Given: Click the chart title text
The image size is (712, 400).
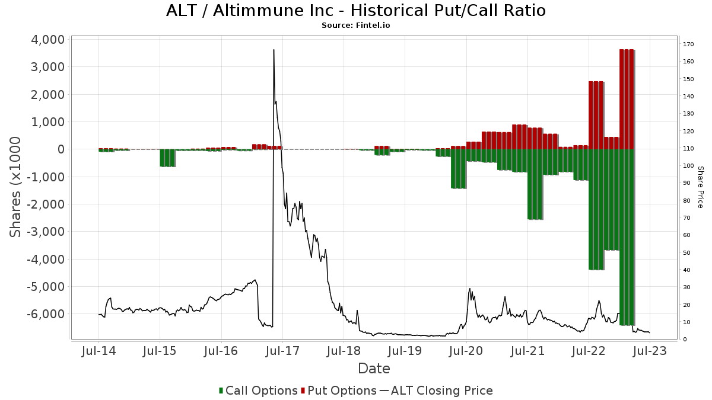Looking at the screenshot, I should click(356, 11).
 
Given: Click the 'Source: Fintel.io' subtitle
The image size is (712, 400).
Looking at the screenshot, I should click(356, 25).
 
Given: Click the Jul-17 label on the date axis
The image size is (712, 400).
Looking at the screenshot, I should click(282, 351).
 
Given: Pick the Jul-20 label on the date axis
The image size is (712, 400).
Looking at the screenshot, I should click(466, 351).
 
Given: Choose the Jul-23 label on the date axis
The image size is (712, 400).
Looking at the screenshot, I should click(650, 351).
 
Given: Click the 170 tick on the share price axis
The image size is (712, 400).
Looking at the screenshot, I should click(688, 44).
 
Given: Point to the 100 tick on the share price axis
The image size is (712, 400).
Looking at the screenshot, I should click(688, 166).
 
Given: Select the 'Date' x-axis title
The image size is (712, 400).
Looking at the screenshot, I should click(374, 369).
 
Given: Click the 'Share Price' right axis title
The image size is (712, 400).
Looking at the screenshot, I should click(700, 187).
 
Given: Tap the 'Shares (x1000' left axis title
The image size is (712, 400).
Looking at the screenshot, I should click(16, 187).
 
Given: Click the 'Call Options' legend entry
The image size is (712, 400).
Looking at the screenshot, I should click(258, 391).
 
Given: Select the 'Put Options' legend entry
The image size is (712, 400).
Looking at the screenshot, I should click(339, 391).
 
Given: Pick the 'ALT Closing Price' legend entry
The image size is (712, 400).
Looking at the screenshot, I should click(436, 391).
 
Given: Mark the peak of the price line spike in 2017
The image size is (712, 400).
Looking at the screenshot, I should click(274, 50).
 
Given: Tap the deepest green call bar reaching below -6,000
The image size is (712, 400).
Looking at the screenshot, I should click(627, 237).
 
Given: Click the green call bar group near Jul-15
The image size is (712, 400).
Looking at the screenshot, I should click(167, 158).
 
